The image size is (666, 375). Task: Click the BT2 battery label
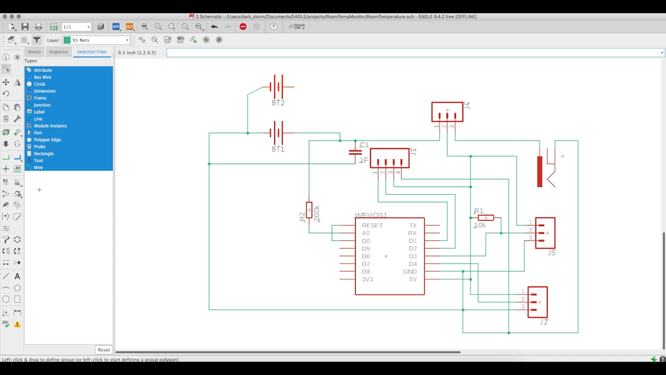pyautogui.click(x=278, y=103)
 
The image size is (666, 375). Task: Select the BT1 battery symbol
pyautogui.click(x=278, y=133)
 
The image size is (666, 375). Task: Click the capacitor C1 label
pyautogui.click(x=364, y=145)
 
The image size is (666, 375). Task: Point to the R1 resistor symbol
pyautogui.click(x=485, y=218)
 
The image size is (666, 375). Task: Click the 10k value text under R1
pyautogui.click(x=479, y=225)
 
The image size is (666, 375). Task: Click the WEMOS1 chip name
pyautogui.click(x=371, y=215)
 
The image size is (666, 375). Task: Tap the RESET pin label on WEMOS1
pyautogui.click(x=373, y=225)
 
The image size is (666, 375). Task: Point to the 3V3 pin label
pyautogui.click(x=367, y=279)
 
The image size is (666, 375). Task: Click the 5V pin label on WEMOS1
pyautogui.click(x=412, y=279)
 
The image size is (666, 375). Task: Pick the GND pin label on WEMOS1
pyautogui.click(x=410, y=271)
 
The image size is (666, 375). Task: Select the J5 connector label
pyautogui.click(x=551, y=253)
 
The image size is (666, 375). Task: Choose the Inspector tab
pyautogui.click(x=59, y=51)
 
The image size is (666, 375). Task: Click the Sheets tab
pyautogui.click(x=34, y=51)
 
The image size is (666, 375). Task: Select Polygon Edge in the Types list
pyautogui.click(x=47, y=140)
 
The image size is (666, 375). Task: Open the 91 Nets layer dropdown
pyautogui.click(x=96, y=40)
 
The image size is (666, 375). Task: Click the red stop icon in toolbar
pyautogui.click(x=243, y=27)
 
